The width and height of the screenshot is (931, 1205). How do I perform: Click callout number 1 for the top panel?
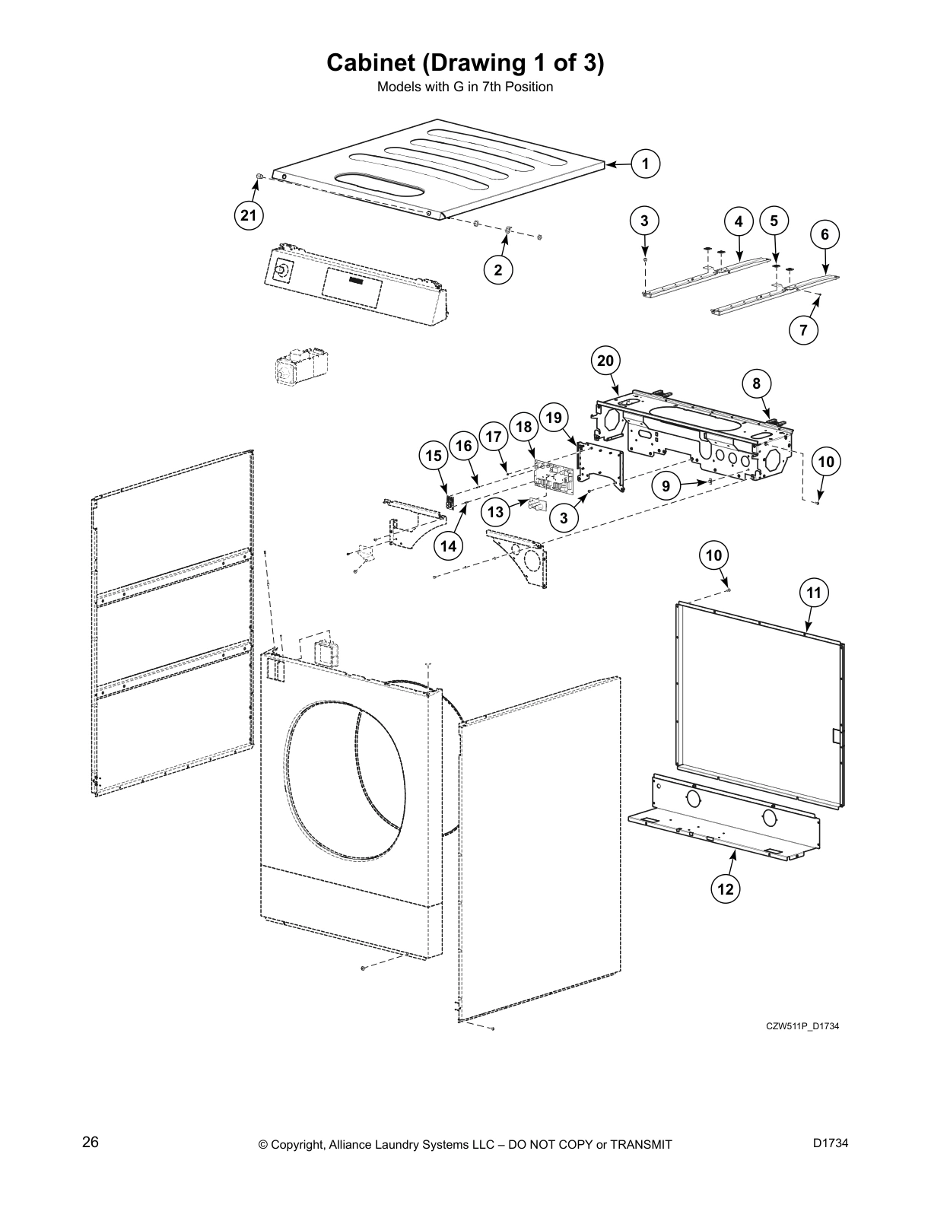(645, 164)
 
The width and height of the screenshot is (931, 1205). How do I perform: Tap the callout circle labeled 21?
(249, 215)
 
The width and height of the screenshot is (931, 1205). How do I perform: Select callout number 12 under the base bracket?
(726, 888)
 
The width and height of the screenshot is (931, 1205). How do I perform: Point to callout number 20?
(605, 361)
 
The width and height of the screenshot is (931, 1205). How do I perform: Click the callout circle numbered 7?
(803, 330)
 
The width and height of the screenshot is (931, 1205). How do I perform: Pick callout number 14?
(450, 545)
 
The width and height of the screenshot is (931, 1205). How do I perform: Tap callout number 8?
(756, 383)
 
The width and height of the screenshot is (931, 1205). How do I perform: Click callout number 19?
(554, 418)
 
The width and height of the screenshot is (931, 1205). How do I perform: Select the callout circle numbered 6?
(825, 235)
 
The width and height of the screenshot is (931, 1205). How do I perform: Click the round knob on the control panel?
(282, 269)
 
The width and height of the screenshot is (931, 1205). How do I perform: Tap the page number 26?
(91, 1142)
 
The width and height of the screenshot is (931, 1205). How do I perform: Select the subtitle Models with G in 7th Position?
(465, 87)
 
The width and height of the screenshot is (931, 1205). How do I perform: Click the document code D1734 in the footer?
(830, 1142)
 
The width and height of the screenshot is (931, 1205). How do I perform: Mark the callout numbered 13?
(496, 512)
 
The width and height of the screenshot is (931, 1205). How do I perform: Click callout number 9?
(666, 486)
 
